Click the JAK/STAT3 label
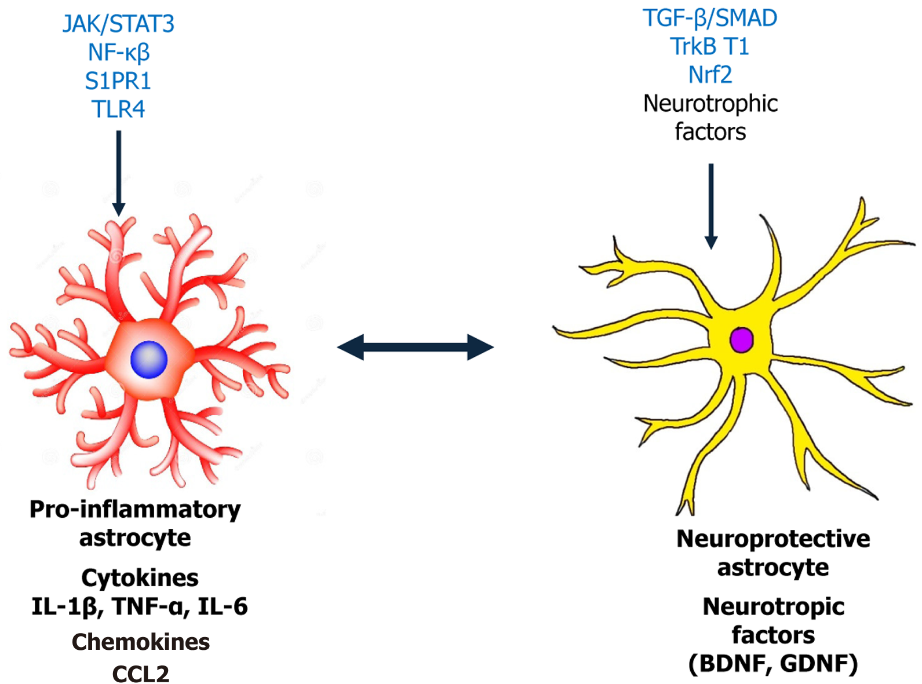[118, 24]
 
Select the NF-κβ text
[119, 53]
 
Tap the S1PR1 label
[118, 81]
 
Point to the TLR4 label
[118, 109]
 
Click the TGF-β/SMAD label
[710, 19]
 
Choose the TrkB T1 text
[710, 47]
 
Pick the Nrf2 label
[710, 75]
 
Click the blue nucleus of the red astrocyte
[149, 359]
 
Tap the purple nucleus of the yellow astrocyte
[741, 340]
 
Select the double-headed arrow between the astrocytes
[416, 348]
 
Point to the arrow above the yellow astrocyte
[711, 206]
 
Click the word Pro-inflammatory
[135, 510]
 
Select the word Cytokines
[140, 578]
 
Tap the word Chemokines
[141, 642]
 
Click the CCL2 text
[141, 674]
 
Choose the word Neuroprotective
[773, 539]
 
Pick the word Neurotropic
[773, 607]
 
